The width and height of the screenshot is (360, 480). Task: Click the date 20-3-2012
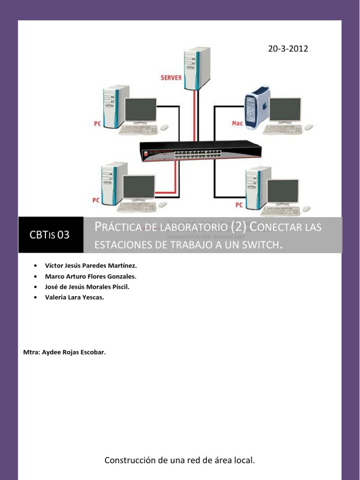(288, 48)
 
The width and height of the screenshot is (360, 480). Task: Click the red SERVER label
(171, 77)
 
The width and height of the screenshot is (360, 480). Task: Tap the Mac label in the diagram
(238, 123)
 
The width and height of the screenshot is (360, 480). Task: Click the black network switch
(201, 151)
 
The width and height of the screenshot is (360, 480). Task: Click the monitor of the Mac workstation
(285, 111)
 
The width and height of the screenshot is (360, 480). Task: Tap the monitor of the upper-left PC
(140, 111)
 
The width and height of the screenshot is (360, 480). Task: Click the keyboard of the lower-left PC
(136, 207)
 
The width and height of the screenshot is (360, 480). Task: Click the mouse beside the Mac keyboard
(308, 127)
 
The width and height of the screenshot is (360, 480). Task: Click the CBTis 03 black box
(50, 235)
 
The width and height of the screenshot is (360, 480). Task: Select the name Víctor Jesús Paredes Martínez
(90, 265)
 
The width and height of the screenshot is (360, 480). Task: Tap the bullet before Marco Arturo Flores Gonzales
(35, 276)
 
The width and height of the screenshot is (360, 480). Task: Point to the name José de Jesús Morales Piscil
(87, 286)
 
